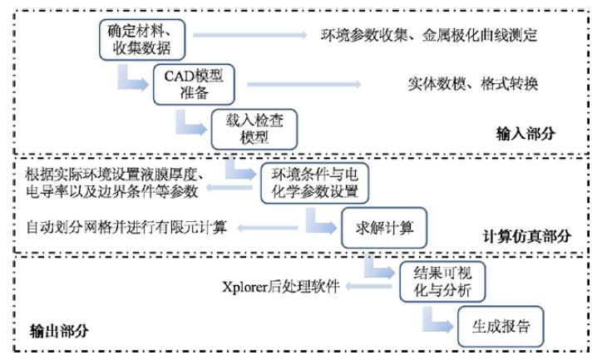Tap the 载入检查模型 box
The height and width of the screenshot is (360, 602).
click(254, 126)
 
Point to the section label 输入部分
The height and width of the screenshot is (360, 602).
click(525, 133)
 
